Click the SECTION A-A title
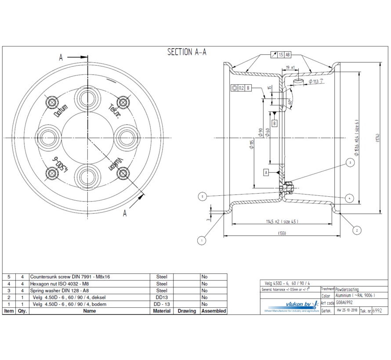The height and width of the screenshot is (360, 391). [x=187, y=52]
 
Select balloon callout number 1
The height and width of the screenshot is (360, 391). [x=202, y=241]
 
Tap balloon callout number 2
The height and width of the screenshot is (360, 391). [x=357, y=230]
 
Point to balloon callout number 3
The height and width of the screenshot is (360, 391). [x=350, y=163]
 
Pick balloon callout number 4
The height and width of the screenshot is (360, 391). [x=349, y=198]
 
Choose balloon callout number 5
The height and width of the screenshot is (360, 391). [x=202, y=196]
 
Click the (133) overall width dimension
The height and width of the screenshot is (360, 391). [x=282, y=233]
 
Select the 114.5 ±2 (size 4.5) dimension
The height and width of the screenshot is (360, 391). [x=282, y=221]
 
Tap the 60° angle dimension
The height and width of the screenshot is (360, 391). [x=290, y=102]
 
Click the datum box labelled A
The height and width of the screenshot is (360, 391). [x=266, y=173]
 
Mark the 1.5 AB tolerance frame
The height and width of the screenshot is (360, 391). [x=281, y=55]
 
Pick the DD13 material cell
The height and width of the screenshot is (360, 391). [x=162, y=297]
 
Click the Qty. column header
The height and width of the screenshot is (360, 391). [x=22, y=311]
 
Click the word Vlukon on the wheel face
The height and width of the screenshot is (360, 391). [x=116, y=163]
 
